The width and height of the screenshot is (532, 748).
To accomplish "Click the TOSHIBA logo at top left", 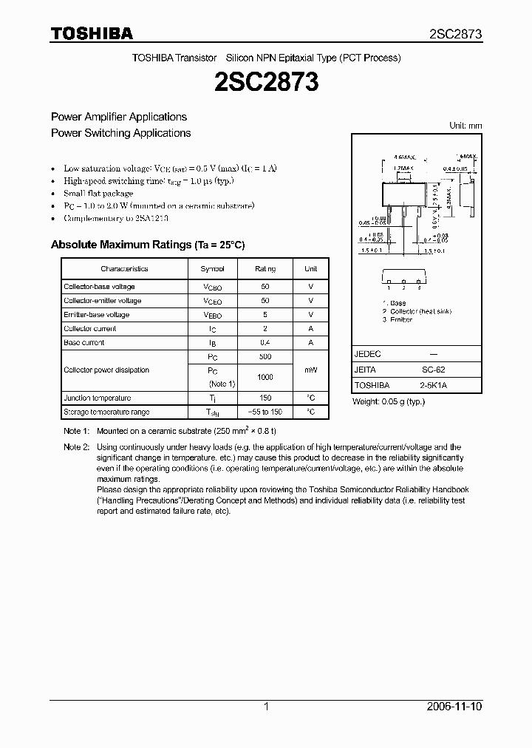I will tap(92, 33).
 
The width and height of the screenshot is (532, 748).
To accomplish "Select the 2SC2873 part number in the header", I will tap(455, 34).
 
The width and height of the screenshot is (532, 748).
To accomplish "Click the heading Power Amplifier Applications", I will tap(118, 117).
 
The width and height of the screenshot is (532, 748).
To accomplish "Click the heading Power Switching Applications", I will tap(120, 133).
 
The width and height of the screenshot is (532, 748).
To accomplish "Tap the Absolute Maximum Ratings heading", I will tap(147, 245).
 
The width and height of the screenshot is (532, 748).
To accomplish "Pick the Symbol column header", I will tap(212, 269).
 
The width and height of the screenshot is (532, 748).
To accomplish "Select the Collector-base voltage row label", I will tap(99, 287).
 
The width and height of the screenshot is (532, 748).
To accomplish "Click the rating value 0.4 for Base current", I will tap(265, 343).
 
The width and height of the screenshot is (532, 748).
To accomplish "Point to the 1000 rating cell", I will tap(265, 377).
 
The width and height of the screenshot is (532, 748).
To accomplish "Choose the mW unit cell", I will tap(310, 370).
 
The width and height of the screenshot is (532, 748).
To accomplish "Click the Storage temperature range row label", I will tap(106, 412).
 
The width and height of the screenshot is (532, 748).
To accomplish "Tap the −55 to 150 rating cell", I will tap(265, 412).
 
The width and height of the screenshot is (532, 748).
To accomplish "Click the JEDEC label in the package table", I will tap(367, 354).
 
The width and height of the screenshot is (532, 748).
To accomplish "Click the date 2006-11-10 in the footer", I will tap(454, 707).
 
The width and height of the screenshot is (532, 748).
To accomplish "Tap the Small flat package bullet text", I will tap(98, 194).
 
